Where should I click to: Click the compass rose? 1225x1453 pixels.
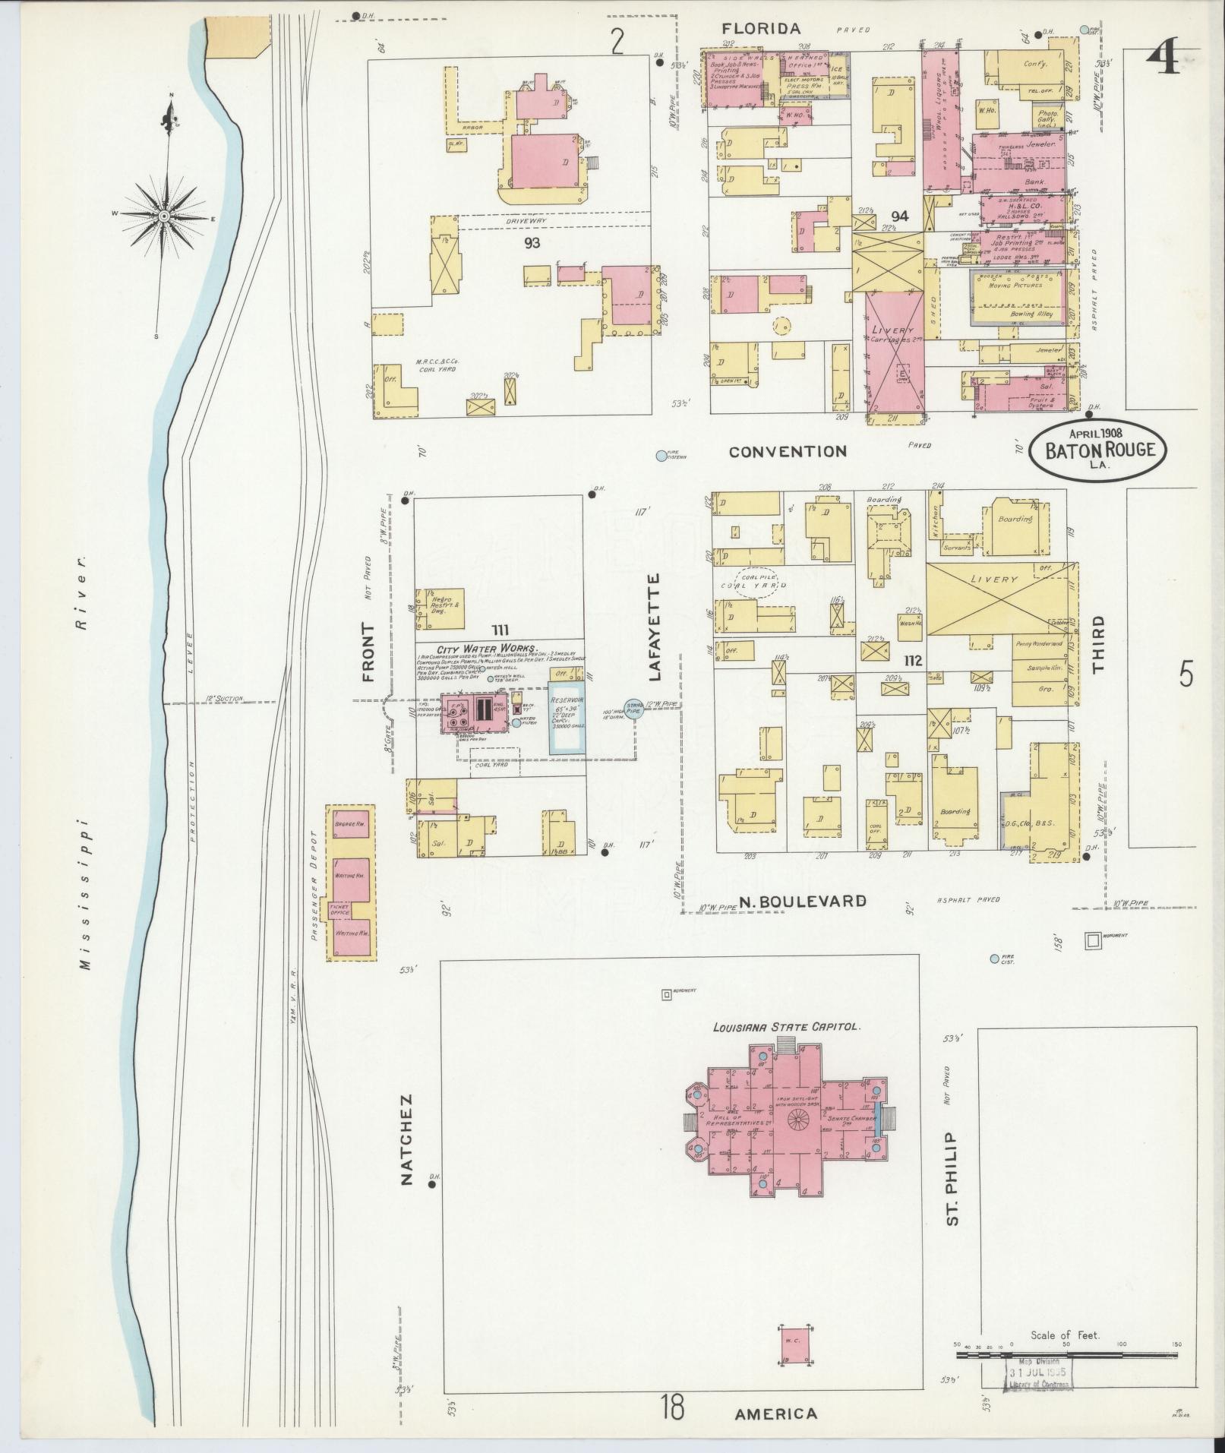[164, 216]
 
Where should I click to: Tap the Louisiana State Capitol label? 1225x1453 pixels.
[785, 1026]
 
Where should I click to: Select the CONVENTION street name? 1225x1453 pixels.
[787, 452]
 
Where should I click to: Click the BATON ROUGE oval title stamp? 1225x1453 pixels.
[1100, 450]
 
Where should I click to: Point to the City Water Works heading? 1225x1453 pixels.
[487, 649]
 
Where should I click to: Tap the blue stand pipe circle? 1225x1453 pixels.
[634, 709]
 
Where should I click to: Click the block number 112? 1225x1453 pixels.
[912, 661]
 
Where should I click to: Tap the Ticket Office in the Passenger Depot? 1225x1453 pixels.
[339, 909]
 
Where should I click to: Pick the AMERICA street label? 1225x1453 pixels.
[775, 1414]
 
